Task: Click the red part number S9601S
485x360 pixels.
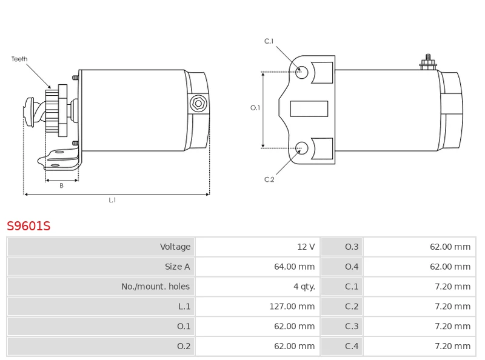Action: click(28, 226)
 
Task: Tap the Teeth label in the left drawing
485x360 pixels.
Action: click(19, 59)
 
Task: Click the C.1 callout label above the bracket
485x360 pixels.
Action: click(269, 41)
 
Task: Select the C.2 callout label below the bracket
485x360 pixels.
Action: click(269, 179)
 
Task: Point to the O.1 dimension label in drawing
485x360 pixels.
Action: click(255, 108)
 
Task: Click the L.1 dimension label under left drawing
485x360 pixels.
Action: click(112, 200)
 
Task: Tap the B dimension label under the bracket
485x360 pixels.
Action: click(61, 186)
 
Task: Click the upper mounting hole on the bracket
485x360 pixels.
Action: click(301, 72)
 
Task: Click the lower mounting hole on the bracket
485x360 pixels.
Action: click(301, 147)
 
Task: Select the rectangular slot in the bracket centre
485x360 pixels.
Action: click(309, 108)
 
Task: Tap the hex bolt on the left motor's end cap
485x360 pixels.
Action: click(198, 103)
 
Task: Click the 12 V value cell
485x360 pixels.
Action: click(306, 247)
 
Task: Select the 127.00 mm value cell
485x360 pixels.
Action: click(292, 307)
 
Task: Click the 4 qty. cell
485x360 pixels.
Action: click(304, 287)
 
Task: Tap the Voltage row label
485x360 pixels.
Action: click(175, 247)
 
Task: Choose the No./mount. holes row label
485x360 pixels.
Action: click(155, 287)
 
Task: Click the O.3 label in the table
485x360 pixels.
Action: click(352, 247)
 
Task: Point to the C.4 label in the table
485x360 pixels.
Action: click(352, 347)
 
